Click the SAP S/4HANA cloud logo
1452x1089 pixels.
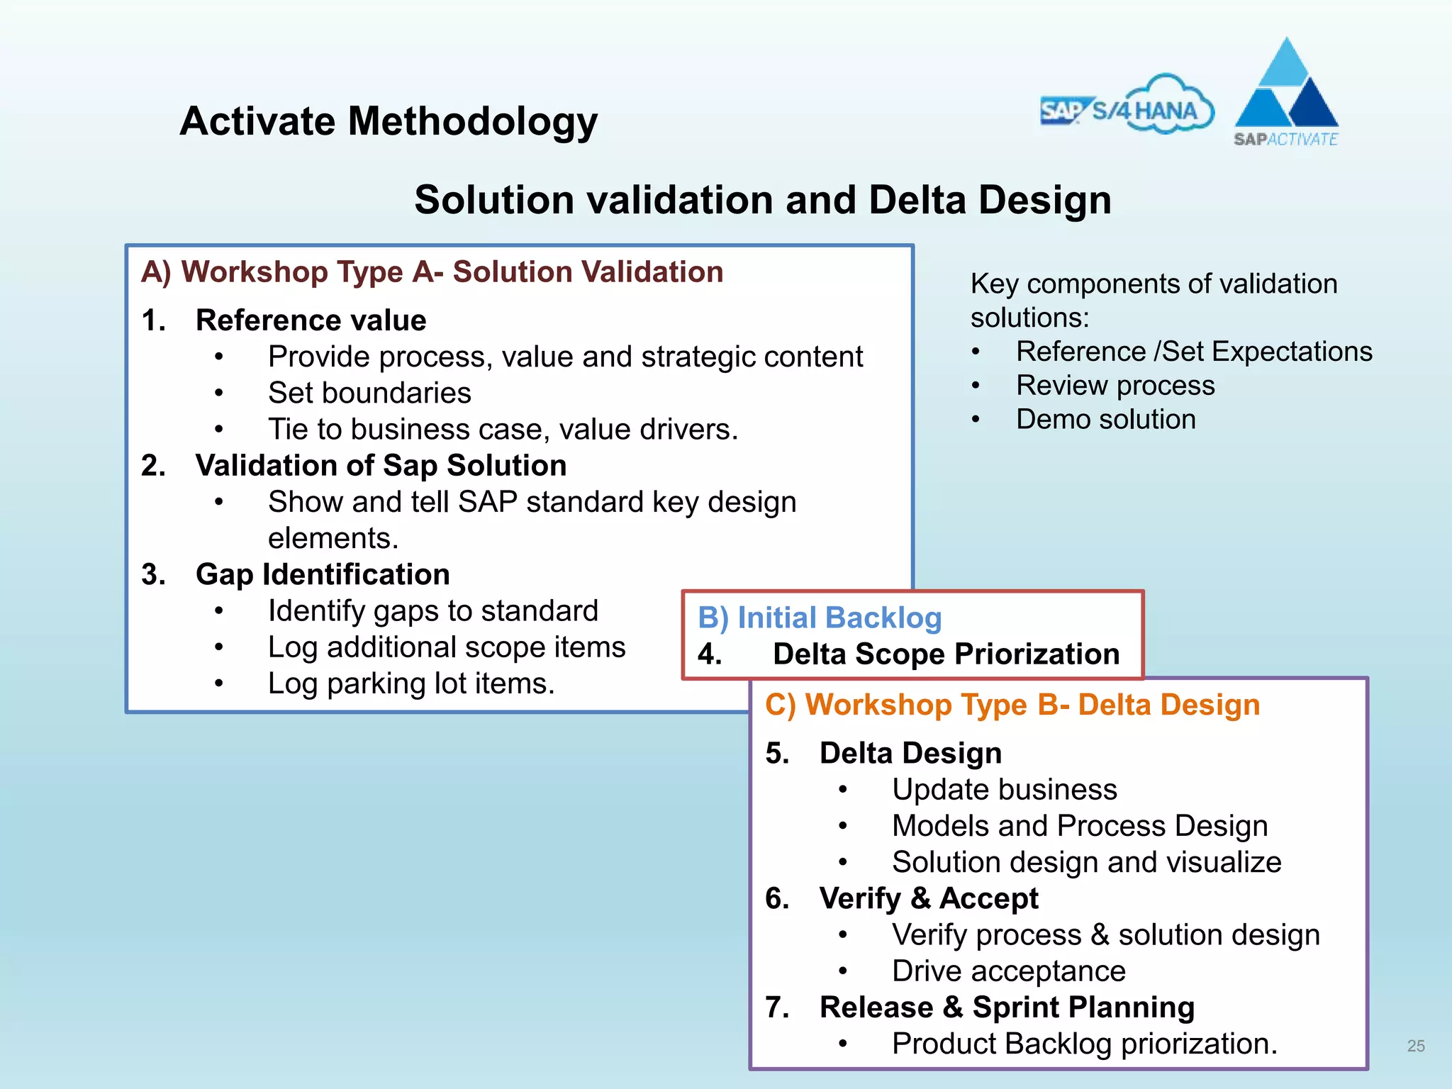[1127, 106]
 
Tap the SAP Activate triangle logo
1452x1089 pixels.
[1286, 92]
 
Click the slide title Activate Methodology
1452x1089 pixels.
[389, 121]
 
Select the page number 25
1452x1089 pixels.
[1416, 1046]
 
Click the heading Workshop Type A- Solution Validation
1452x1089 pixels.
[432, 272]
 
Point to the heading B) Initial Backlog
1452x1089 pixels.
[820, 618]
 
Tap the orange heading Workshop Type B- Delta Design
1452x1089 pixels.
[1012, 705]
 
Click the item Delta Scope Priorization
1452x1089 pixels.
[946, 654]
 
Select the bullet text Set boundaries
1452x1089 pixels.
[369, 393]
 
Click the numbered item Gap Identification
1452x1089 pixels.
[323, 574]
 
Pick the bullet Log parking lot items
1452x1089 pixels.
[411, 683]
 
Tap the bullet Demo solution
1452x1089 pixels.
[1105, 419]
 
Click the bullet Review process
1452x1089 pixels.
[1115, 385]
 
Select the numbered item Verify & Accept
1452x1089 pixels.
[929, 898]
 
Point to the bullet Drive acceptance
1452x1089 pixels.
[1008, 971]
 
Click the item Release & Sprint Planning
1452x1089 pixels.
[1007, 1007]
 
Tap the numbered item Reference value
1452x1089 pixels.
[311, 320]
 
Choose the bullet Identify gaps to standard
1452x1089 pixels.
[433, 610]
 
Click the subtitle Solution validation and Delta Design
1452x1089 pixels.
[763, 200]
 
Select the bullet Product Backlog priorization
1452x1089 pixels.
[1084, 1044]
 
